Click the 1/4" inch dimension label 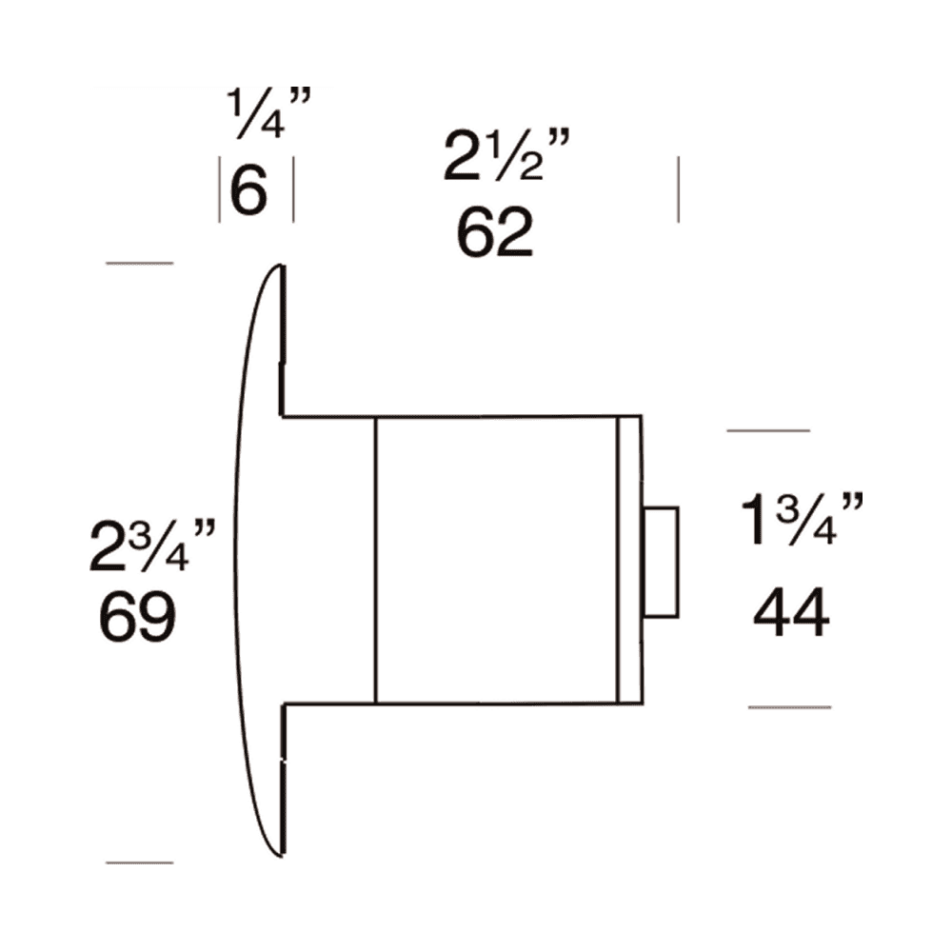pyautogui.click(x=269, y=114)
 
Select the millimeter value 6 pyautogui.click(x=249, y=193)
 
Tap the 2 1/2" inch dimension pyautogui.click(x=506, y=158)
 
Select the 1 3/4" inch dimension pyautogui.click(x=802, y=522)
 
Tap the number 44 pyautogui.click(x=791, y=614)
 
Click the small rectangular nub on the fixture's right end pyautogui.click(x=661, y=562)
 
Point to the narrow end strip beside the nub pyautogui.click(x=628, y=560)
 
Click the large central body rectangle pyautogui.click(x=497, y=560)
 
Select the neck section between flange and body pyautogui.click(x=328, y=560)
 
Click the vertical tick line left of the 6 pyautogui.click(x=220, y=190)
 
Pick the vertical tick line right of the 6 pyautogui.click(x=292, y=190)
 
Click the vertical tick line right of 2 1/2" pyautogui.click(x=678, y=190)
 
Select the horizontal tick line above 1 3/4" pyautogui.click(x=767, y=431)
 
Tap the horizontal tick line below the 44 pyautogui.click(x=789, y=707)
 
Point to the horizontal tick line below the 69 pyautogui.click(x=139, y=863)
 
